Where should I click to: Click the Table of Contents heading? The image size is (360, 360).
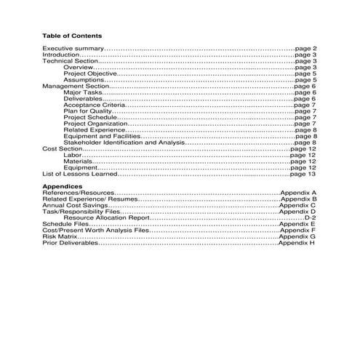(x=72, y=35)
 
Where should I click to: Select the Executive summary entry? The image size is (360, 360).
(x=73, y=48)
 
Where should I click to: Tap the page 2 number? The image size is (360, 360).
(x=306, y=48)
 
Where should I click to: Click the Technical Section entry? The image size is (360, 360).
(x=70, y=61)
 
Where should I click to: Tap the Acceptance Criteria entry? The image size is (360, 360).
(x=95, y=105)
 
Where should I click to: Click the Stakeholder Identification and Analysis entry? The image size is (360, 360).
(x=124, y=143)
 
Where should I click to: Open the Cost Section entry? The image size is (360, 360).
(x=62, y=149)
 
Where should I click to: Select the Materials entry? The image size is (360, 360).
(x=78, y=161)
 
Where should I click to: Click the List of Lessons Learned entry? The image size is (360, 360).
(x=79, y=175)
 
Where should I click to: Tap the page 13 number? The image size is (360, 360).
(x=302, y=175)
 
